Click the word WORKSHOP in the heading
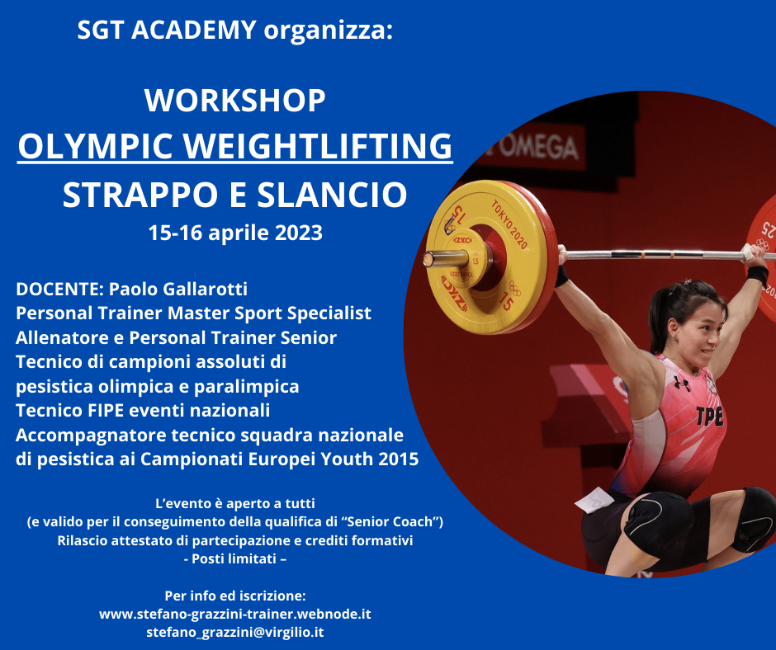click(x=235, y=101)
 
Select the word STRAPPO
click(x=140, y=195)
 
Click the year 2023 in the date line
click(x=298, y=233)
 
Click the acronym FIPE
click(x=112, y=411)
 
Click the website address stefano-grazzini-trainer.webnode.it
click(x=235, y=615)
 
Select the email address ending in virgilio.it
click(x=235, y=632)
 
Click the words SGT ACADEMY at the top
click(x=167, y=30)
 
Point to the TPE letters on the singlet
click(x=710, y=416)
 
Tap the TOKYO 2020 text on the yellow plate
click(x=509, y=224)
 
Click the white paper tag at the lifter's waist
click(x=594, y=500)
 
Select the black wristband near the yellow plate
click(x=561, y=276)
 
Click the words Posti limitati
click(x=235, y=559)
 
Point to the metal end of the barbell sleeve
click(x=446, y=258)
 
